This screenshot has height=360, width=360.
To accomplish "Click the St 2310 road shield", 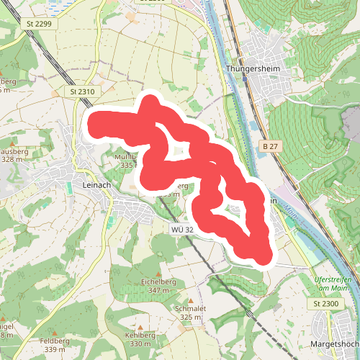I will tap(83, 93).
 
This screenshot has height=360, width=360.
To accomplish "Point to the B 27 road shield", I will tap(270, 147).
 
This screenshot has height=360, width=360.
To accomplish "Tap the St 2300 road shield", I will tap(325, 305).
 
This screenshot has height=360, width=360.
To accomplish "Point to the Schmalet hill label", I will tap(190, 308).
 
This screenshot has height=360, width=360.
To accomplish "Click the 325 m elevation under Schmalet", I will tap(190, 317).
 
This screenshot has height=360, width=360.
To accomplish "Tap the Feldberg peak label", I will tap(54, 341).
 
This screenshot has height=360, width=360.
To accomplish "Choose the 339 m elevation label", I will tap(54, 349).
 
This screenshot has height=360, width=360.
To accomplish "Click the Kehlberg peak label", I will tap(140, 336).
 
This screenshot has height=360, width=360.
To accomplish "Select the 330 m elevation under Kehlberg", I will tap(140, 343).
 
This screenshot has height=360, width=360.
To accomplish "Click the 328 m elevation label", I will tap(11, 159).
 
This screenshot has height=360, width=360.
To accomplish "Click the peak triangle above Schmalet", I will tap(191, 300).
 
